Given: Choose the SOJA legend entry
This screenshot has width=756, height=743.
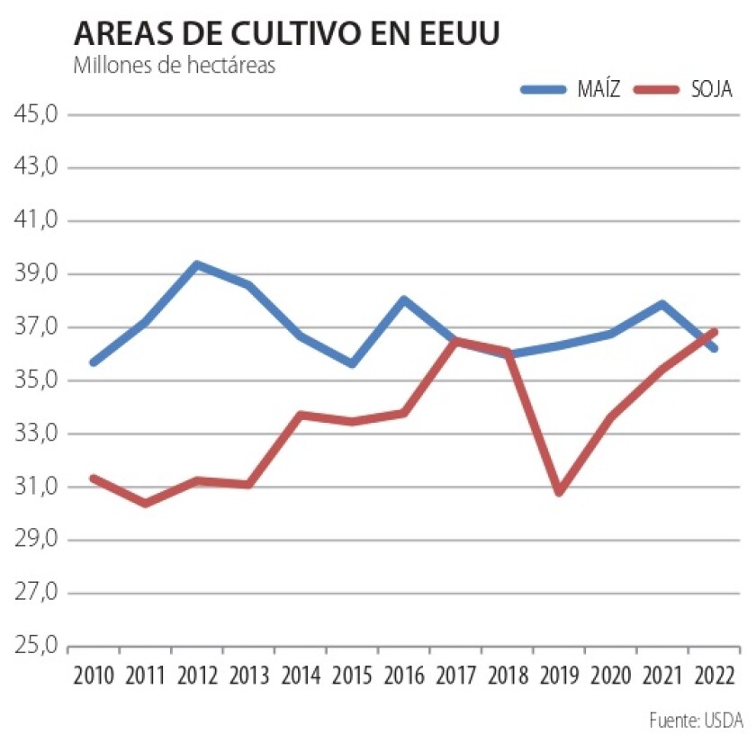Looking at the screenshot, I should click(x=684, y=89).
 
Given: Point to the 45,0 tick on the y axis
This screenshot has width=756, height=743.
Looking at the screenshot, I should click(x=35, y=115).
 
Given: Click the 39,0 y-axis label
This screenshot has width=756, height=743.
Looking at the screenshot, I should click(x=35, y=274).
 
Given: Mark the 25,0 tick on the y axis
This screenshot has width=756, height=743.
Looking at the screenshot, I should click(x=35, y=646).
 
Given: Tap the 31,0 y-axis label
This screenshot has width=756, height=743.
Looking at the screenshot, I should click(x=35, y=487).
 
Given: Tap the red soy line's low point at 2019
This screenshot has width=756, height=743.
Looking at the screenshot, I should click(x=559, y=492).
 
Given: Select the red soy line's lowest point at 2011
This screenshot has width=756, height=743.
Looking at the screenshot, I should click(x=145, y=503).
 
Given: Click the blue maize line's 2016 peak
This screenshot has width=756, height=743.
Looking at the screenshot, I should click(x=404, y=300).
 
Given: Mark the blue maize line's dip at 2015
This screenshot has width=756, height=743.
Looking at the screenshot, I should click(x=352, y=363).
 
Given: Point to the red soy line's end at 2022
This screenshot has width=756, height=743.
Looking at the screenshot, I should click(x=715, y=331).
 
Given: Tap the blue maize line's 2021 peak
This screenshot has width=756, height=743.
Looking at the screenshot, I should click(x=662, y=304).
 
